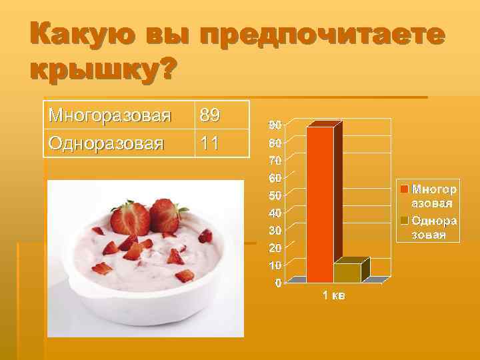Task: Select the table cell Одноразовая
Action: [x=106, y=143]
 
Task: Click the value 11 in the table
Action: [x=208, y=143]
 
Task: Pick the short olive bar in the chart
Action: [x=347, y=273]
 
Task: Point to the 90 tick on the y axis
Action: [x=275, y=125]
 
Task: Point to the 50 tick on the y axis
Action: [x=275, y=195]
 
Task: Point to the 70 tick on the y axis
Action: [x=275, y=160]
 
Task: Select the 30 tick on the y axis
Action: [x=275, y=230]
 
